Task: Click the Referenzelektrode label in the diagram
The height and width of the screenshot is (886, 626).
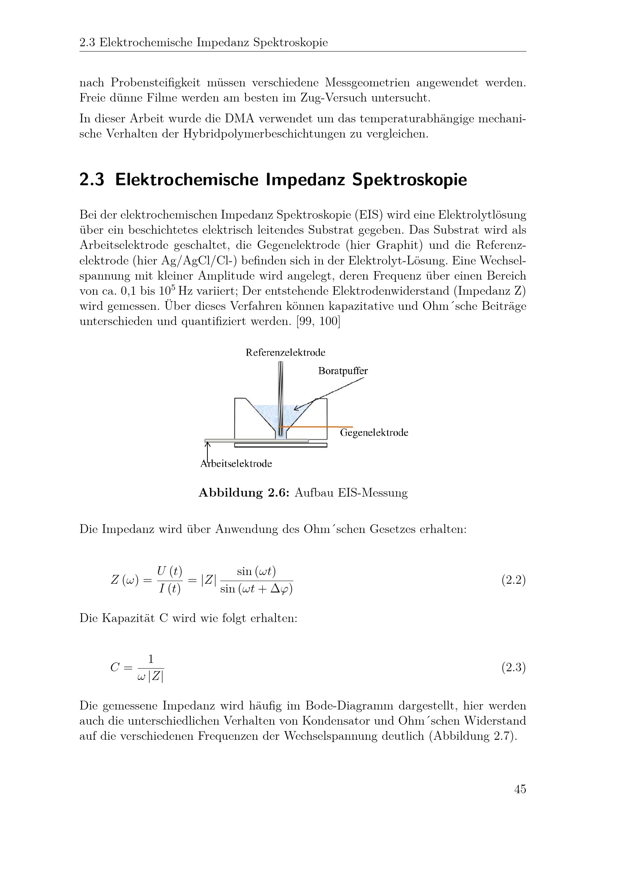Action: coord(285,352)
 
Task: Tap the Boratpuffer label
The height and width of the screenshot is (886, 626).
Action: coord(343,371)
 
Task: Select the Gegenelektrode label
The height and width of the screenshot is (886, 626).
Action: coord(374,433)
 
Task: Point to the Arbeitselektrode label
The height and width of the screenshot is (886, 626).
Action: coord(236,463)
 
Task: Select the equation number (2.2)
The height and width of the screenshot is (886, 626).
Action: coord(514,580)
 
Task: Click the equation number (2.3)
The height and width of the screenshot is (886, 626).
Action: coord(514,667)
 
